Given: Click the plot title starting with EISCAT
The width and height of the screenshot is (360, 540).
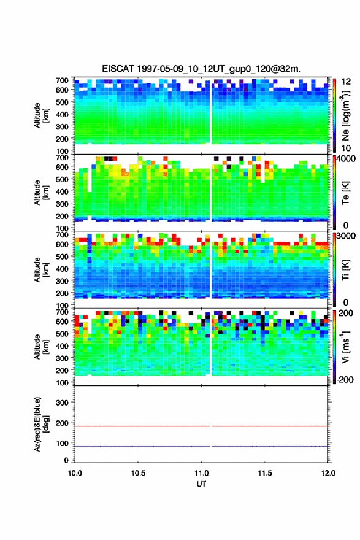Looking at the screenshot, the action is (201, 69).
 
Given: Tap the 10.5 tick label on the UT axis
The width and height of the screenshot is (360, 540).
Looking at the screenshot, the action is (138, 473).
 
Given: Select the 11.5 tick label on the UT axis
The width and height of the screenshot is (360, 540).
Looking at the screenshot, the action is (265, 473).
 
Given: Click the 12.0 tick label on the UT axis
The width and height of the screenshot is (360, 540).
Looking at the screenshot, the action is (328, 473).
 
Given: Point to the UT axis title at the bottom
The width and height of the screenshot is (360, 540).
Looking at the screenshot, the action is (201, 484).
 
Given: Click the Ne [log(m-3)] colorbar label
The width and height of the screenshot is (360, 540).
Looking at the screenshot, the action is (345, 115).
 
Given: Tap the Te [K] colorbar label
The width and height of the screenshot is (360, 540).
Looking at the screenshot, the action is (345, 193).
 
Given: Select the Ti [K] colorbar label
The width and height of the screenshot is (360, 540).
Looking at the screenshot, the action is (345, 270).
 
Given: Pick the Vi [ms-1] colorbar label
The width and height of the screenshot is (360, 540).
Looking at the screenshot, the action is (345, 347).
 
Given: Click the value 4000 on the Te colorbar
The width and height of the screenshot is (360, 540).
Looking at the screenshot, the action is (347, 159).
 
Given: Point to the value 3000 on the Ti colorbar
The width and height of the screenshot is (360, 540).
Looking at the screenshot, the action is (347, 236).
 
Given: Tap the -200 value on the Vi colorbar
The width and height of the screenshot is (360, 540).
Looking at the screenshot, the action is (345, 379).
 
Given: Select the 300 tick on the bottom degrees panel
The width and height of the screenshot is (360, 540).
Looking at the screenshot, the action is (63, 403).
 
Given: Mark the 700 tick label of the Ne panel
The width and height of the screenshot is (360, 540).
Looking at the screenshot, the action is (63, 80).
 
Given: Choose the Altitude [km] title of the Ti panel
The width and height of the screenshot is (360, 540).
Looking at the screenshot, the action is (41, 269).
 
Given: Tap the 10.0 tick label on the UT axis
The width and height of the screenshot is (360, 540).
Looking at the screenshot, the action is (75, 473).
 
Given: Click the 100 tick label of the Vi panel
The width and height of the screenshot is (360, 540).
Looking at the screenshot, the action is (63, 383).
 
